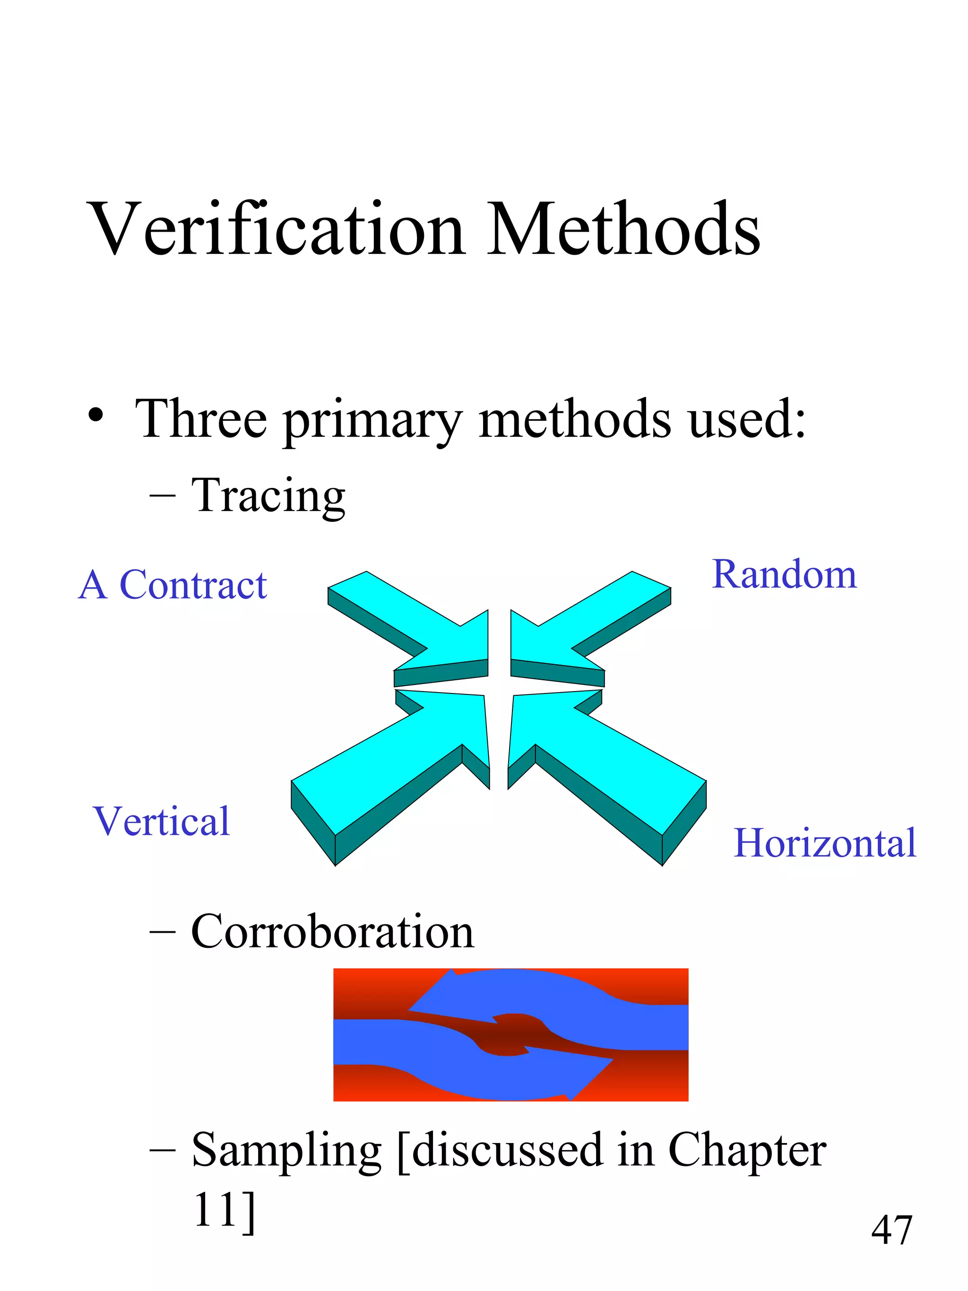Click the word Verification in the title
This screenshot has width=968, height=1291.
pos(277,229)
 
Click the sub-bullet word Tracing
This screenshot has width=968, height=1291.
pos(268,496)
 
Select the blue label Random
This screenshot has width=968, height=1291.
pos(784,575)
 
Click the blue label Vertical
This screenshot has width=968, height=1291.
pos(162,821)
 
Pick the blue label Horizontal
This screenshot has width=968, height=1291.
pos(824,843)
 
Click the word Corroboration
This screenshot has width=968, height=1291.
pos(333,931)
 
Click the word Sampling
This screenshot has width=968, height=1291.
pos(286,1151)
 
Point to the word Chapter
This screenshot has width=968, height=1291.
pos(747,1151)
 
